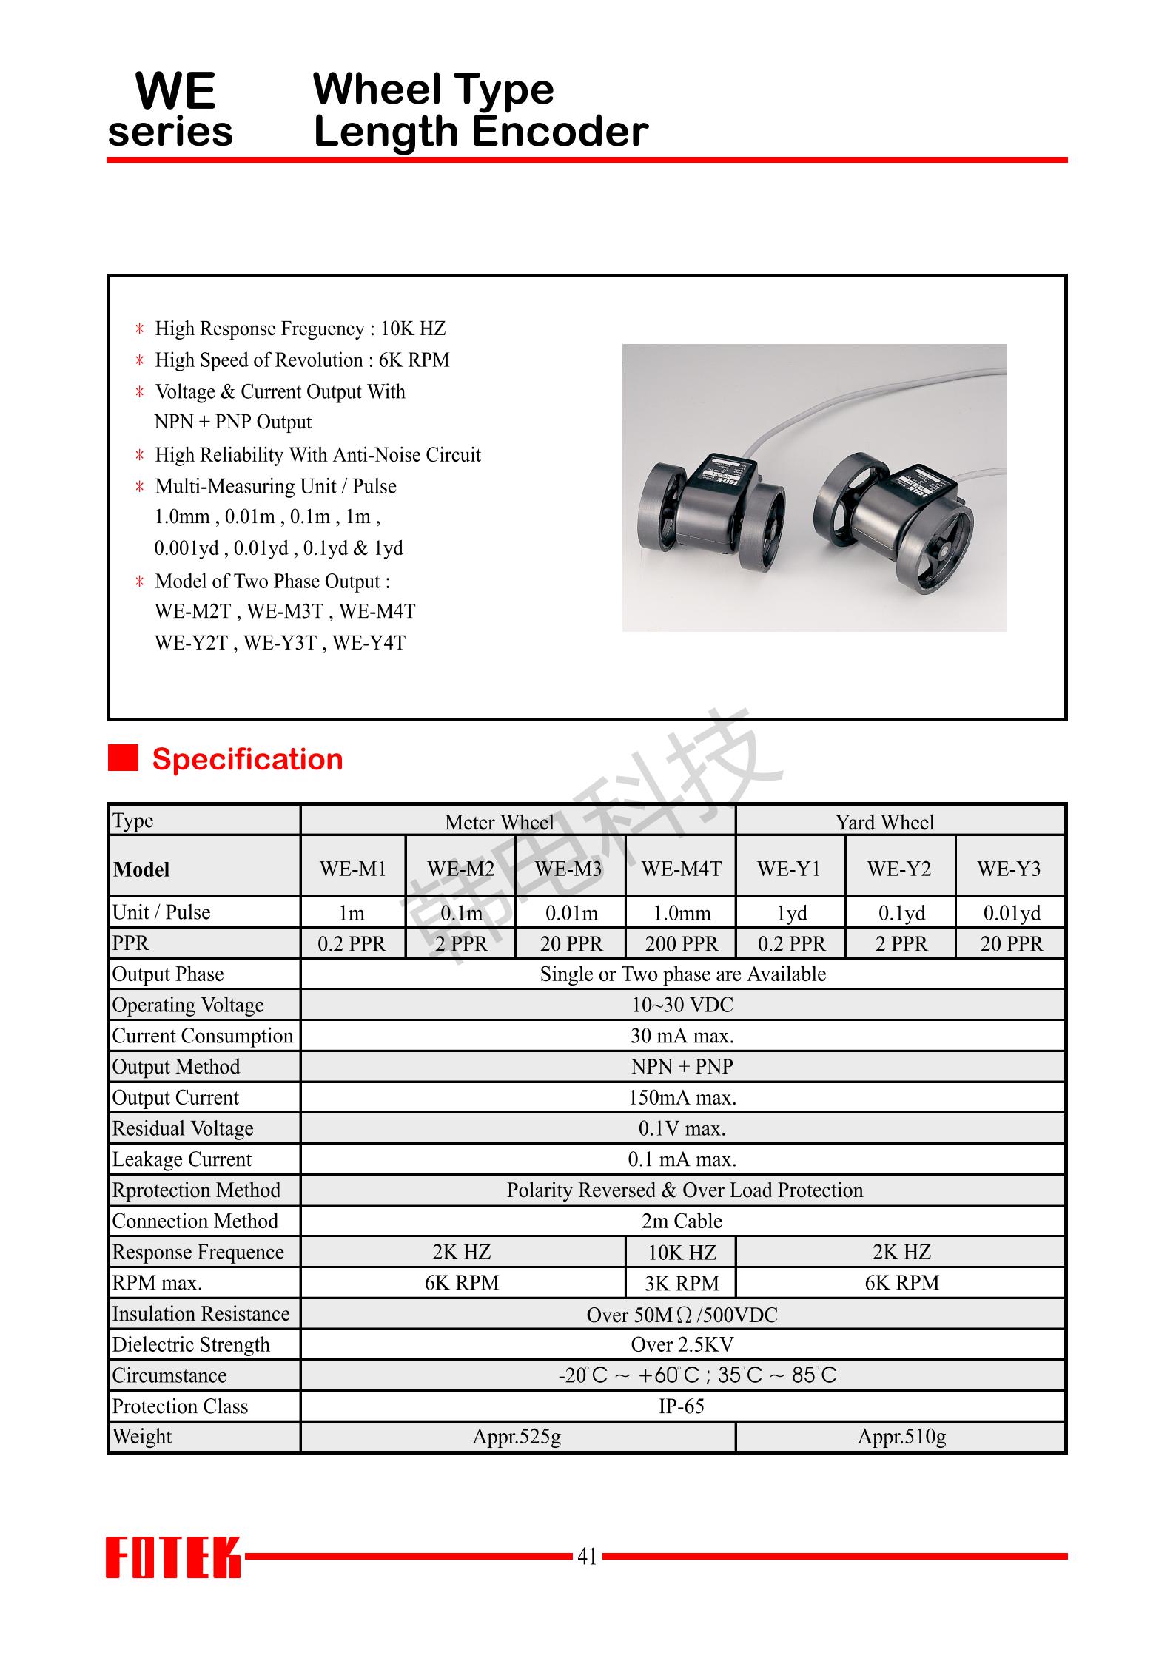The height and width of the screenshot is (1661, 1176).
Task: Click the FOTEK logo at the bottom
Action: [173, 1557]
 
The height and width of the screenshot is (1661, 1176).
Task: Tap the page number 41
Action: [587, 1557]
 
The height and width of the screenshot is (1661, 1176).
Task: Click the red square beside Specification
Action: [123, 758]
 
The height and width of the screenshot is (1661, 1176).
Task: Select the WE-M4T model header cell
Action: [681, 869]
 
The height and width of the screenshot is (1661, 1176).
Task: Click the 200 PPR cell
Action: [681, 944]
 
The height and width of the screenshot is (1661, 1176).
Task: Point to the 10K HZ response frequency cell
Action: [682, 1252]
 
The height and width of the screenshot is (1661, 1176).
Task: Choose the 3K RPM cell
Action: [682, 1283]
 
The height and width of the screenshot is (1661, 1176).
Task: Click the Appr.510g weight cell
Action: [901, 1437]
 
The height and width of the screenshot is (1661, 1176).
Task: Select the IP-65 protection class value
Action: [682, 1406]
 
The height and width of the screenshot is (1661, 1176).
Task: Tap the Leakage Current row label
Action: [182, 1159]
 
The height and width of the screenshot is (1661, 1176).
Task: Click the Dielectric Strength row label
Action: [191, 1344]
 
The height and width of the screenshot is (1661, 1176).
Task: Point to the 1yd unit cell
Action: [791, 913]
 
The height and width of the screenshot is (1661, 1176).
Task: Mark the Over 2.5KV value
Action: [682, 1344]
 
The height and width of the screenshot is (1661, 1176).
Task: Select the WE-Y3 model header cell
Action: [1009, 869]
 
